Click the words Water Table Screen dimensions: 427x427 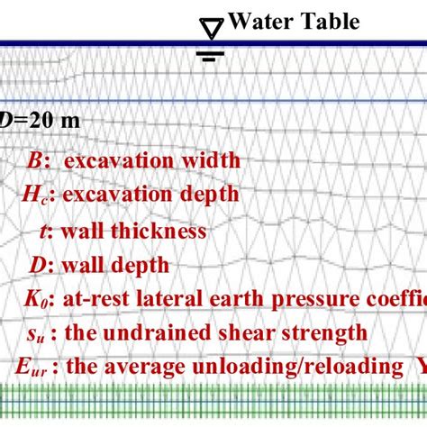(295, 22)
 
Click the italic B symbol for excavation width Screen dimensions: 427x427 (37, 160)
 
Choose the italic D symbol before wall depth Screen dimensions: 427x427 (38, 265)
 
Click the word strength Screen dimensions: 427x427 (328, 332)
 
